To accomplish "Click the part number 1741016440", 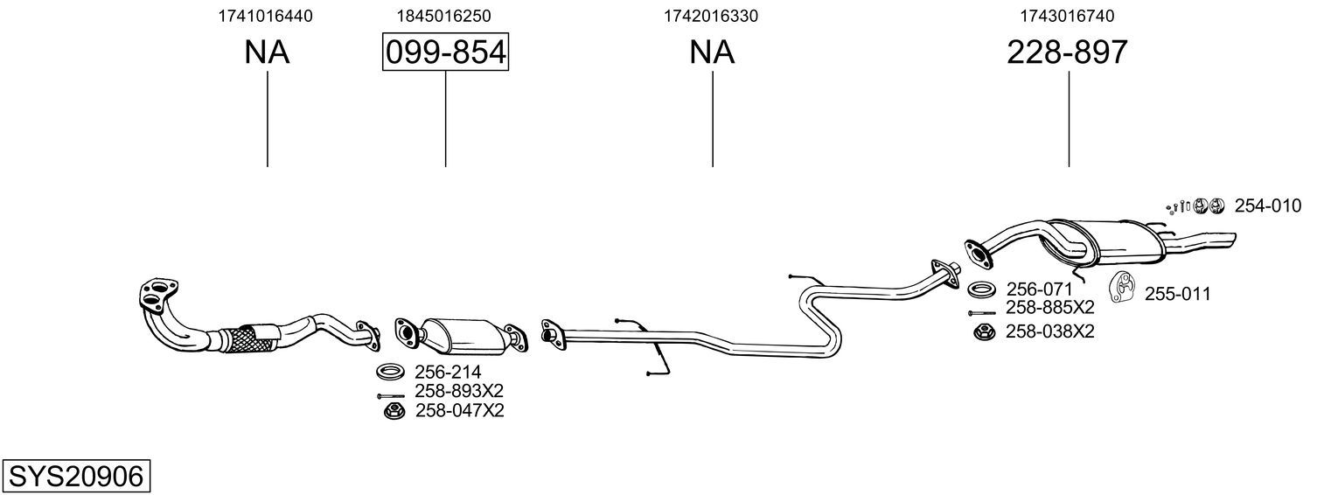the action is tap(265, 16).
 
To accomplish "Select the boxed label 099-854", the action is tap(446, 52).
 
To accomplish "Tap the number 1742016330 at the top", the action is tap(711, 16).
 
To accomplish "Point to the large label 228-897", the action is tap(1067, 52).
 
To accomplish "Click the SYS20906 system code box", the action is tap(76, 477).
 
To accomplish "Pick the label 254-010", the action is tap(1267, 206).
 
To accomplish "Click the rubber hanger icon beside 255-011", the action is tap(1122, 287).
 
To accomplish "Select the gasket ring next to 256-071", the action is tap(981, 289).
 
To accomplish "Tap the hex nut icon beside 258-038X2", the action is tap(980, 331).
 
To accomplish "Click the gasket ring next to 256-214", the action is tap(389, 372).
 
